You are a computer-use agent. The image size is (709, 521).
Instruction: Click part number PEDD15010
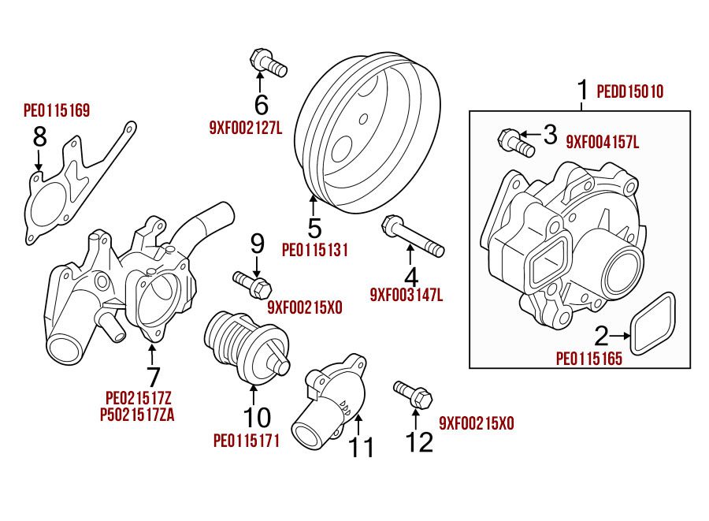(630, 92)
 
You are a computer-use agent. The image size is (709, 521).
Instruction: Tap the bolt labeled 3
(517, 143)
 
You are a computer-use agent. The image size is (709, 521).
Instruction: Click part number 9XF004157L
(603, 143)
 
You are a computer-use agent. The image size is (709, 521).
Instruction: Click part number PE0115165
(589, 359)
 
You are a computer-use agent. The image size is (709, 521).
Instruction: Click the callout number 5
(315, 229)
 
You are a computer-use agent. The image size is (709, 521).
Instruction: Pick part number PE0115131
(315, 251)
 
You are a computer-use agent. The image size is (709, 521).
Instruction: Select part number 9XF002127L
(245, 126)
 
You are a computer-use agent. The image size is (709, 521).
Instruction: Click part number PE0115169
(57, 110)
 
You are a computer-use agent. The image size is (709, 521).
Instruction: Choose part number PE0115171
(246, 438)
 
